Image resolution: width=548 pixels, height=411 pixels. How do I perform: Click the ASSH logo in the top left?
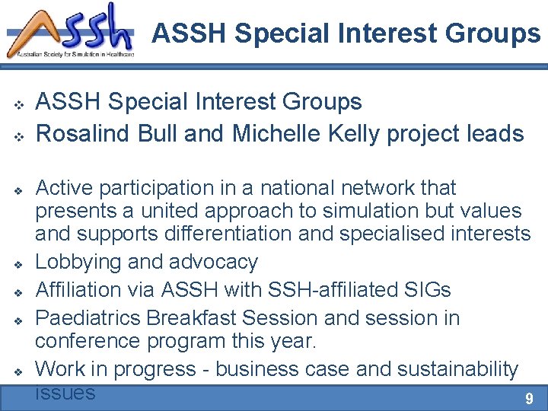click(70, 30)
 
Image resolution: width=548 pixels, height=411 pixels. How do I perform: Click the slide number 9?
click(530, 398)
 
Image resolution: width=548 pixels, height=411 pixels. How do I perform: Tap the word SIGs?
click(427, 289)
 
